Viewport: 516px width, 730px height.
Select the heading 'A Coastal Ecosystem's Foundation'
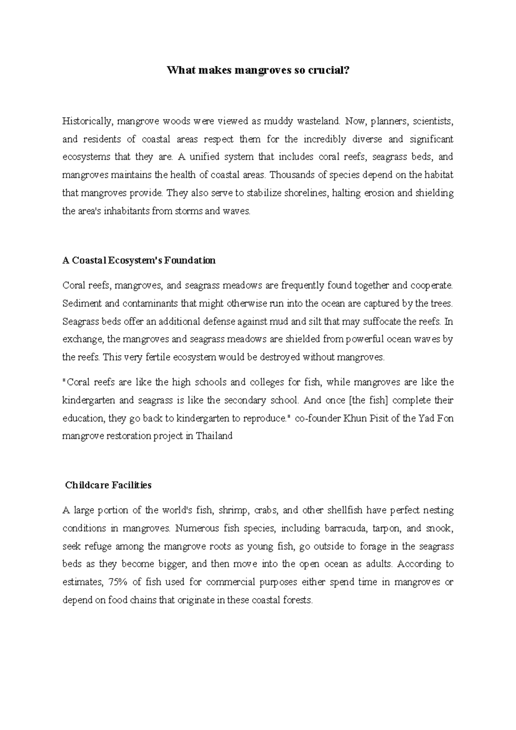tap(139, 261)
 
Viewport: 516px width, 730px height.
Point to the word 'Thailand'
tap(214, 436)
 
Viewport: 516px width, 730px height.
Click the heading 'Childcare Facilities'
tap(108, 485)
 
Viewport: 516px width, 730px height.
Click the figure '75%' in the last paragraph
tap(118, 582)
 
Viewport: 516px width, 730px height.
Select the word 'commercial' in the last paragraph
tap(231, 582)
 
